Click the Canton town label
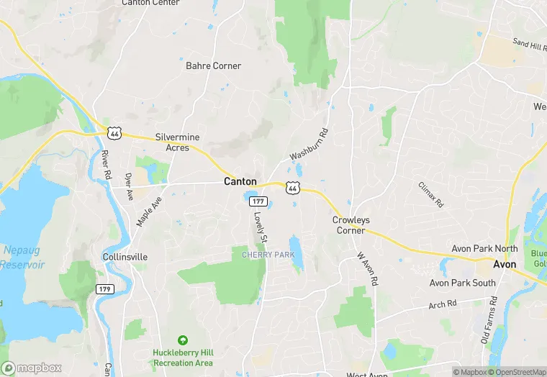(x=240, y=181)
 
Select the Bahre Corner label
(x=213, y=66)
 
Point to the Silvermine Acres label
(x=177, y=142)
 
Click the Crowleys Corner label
(x=349, y=225)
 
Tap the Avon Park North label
(x=484, y=249)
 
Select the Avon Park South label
(x=463, y=283)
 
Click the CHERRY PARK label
(x=268, y=254)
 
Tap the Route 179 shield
(x=105, y=289)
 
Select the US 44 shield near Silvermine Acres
(x=114, y=132)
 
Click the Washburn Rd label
(x=309, y=145)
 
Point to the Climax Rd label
(x=430, y=195)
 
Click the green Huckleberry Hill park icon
(x=183, y=340)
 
